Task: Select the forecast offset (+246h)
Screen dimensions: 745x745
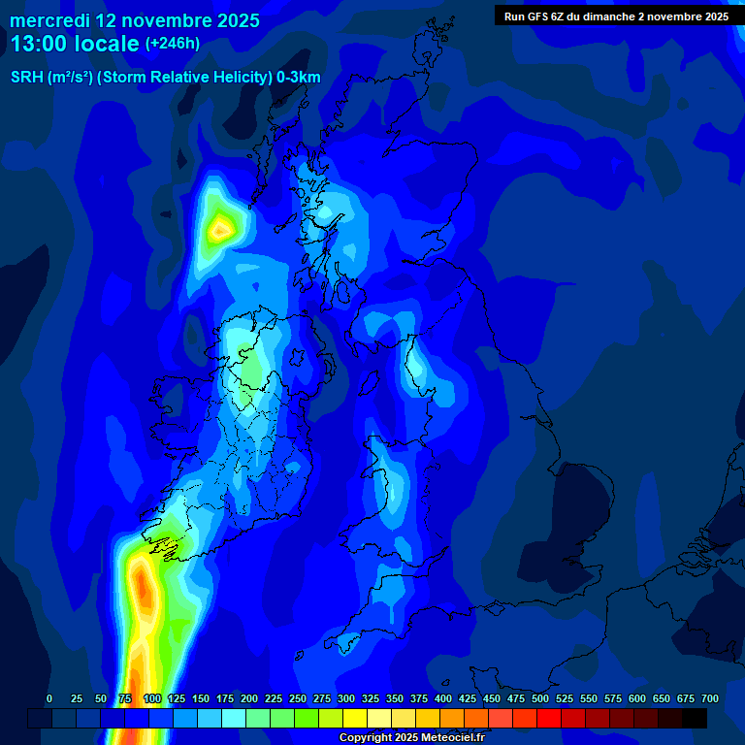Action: tap(172, 44)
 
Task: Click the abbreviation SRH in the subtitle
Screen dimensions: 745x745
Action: tap(26, 78)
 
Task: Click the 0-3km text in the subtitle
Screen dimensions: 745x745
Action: tap(298, 78)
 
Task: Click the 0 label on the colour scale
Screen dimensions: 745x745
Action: tap(49, 698)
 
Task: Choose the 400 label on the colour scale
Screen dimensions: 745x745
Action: tap(443, 698)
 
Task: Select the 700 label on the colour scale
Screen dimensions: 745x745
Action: tap(710, 698)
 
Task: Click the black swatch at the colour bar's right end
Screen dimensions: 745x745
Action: tap(695, 718)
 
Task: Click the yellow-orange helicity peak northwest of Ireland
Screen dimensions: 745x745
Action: tap(222, 230)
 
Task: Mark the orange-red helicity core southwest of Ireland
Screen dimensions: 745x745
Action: tap(142, 587)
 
